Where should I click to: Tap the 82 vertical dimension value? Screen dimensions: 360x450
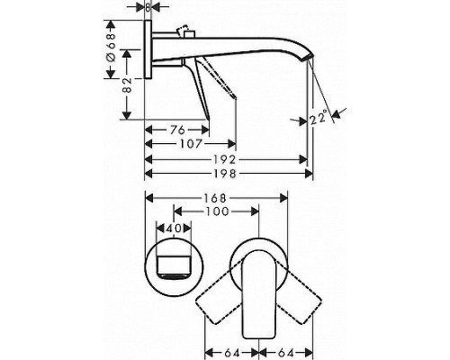[112, 87]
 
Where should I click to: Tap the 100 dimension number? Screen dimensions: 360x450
[213, 212]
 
